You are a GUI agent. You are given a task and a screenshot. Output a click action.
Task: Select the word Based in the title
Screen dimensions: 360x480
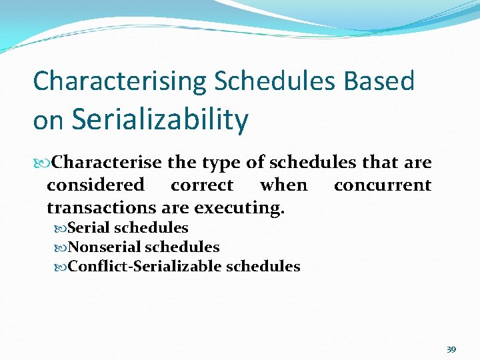click(379, 81)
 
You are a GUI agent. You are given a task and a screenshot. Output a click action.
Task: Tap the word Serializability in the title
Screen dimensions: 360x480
click(160, 120)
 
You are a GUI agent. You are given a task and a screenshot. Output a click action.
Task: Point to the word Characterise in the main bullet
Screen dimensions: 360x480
click(107, 163)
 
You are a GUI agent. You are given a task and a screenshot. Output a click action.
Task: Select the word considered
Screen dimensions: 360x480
click(95, 185)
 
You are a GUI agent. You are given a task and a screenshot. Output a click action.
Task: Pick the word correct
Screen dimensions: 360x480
click(202, 185)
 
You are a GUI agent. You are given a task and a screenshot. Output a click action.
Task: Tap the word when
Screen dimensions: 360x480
click(283, 185)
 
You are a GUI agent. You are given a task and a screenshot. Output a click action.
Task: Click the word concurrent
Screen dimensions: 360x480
click(383, 185)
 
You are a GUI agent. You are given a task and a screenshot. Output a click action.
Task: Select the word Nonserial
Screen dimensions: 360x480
click(104, 247)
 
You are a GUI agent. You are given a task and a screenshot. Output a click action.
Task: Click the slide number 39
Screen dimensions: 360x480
click(451, 349)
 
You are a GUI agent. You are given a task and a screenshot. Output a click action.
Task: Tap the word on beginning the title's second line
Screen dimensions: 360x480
click(48, 121)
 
